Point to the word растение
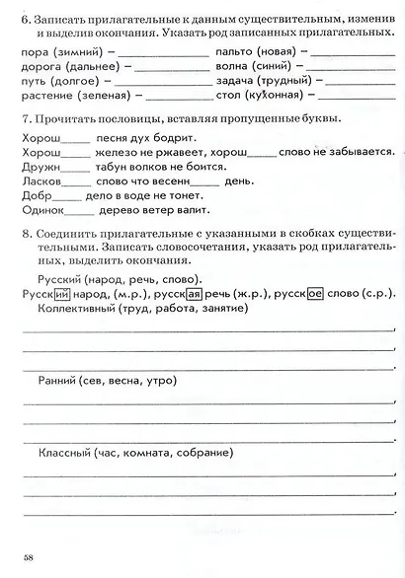45,97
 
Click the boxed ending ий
61,294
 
